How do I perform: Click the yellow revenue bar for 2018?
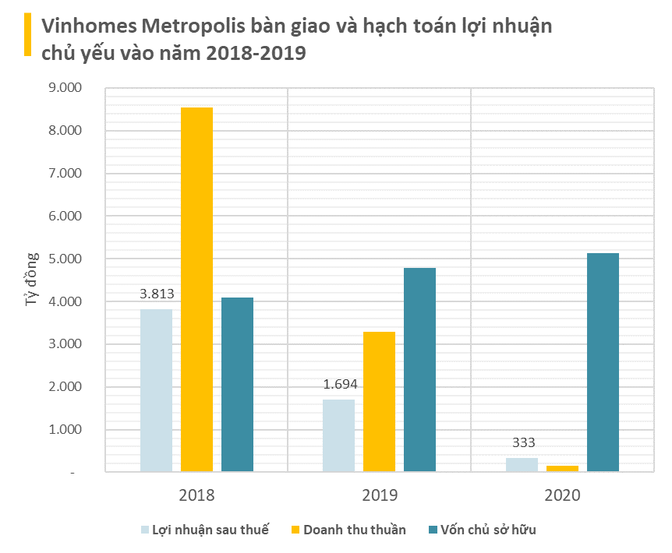click(196, 289)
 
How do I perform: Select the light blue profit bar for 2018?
click(156, 390)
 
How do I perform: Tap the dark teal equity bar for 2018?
click(237, 384)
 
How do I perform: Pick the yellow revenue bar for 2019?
click(379, 401)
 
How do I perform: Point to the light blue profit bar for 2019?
click(338, 435)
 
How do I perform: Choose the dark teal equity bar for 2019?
click(419, 369)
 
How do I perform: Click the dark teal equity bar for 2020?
click(603, 362)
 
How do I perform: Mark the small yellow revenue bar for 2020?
click(562, 468)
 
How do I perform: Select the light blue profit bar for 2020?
click(522, 464)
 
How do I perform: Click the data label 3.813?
click(156, 294)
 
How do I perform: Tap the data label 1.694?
click(339, 385)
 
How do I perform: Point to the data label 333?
click(522, 443)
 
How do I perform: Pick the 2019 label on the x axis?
click(379, 495)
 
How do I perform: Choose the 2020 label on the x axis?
click(562, 495)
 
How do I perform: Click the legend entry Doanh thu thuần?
click(354, 530)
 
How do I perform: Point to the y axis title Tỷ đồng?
click(32, 278)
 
